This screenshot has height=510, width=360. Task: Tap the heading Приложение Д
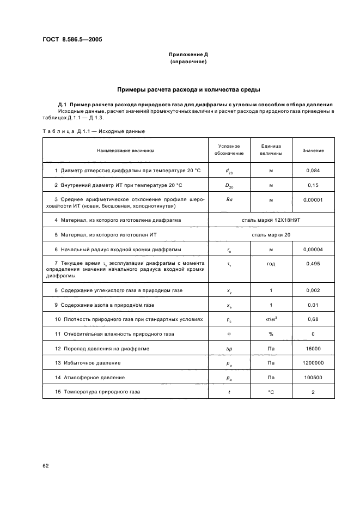tap(187, 55)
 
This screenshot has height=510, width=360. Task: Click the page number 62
tap(46, 465)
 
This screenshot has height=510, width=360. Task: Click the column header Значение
tap(313, 150)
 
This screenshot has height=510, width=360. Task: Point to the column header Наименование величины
tap(125, 150)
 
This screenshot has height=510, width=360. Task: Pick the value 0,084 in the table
tap(313, 171)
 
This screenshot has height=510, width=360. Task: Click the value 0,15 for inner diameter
tap(313, 185)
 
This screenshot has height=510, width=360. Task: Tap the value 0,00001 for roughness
tap(313, 200)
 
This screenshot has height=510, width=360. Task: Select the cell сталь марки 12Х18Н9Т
tap(271, 220)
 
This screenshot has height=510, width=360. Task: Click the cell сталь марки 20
tap(271, 235)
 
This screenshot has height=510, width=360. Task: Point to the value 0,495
tap(313, 264)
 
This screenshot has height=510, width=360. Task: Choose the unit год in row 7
tap(271, 264)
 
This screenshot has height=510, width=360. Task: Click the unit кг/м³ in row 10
tap(271, 319)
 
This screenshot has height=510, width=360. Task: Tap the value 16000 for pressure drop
tap(313, 348)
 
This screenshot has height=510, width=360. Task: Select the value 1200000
tap(313, 363)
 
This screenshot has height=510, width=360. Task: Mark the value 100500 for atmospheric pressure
tap(313, 378)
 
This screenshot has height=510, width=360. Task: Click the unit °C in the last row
tap(271, 392)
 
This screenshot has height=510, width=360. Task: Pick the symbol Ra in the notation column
tap(229, 200)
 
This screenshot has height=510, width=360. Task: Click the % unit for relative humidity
tap(271, 333)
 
